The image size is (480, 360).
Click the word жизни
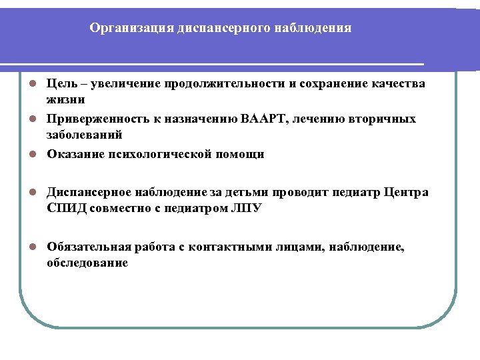[65, 99]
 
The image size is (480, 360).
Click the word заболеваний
[84, 134]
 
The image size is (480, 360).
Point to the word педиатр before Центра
[361, 193]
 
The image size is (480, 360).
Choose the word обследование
[87, 263]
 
